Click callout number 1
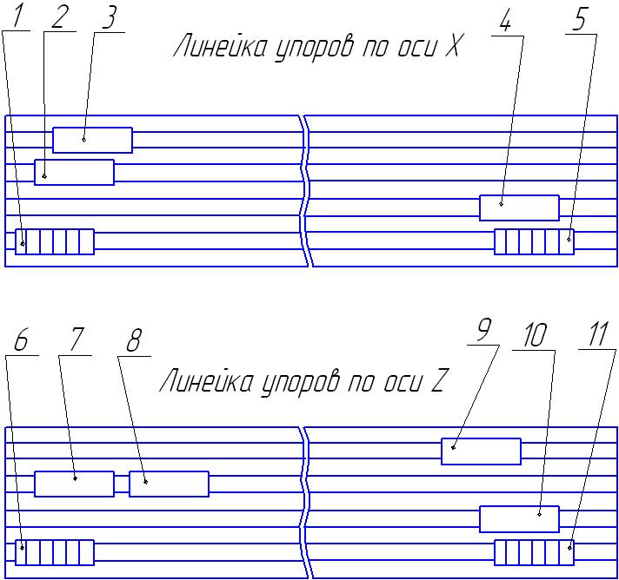[17, 18]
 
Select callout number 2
[59, 20]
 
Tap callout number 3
[108, 20]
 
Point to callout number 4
[505, 23]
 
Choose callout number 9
[484, 331]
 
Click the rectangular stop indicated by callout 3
[92, 140]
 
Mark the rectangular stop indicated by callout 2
[74, 172]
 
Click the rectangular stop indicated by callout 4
[519, 208]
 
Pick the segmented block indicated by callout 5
[534, 241]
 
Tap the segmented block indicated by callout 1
[54, 241]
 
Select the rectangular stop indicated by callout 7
[74, 484]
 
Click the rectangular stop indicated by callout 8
[169, 484]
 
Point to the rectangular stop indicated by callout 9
[481, 451]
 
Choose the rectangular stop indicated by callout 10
[519, 518]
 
